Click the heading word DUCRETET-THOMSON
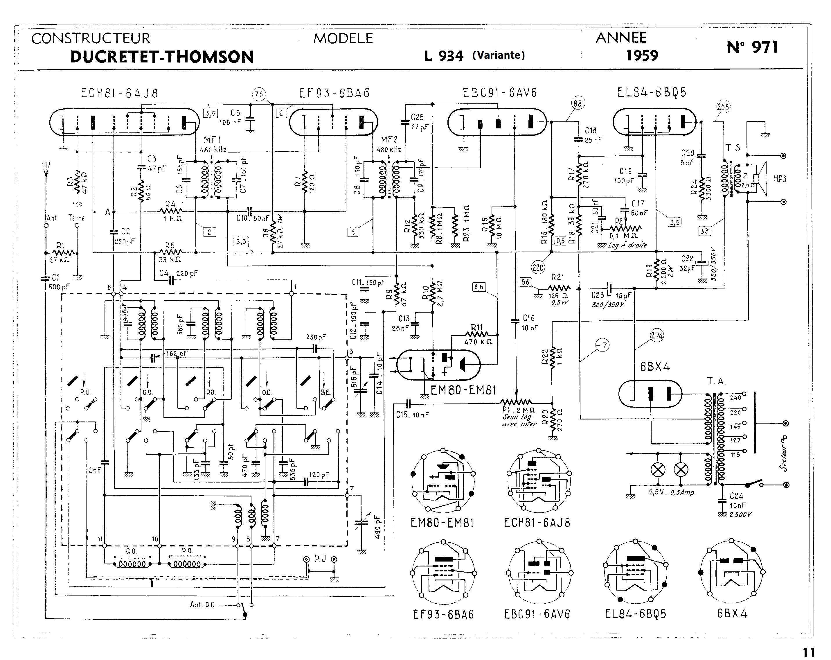[162, 57]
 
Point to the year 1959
[642, 56]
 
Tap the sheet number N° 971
[752, 47]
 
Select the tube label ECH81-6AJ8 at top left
[120, 94]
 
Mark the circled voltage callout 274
[657, 336]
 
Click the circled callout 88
[577, 103]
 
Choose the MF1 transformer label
[212, 139]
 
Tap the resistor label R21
[558, 277]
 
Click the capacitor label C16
[528, 318]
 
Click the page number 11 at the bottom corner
[809, 652]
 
